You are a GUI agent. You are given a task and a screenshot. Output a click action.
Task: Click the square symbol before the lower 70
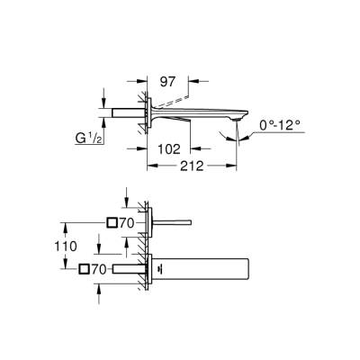pyautogui.click(x=86, y=268)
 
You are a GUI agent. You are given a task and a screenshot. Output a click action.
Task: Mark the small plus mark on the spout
pyautogui.click(x=159, y=268)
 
